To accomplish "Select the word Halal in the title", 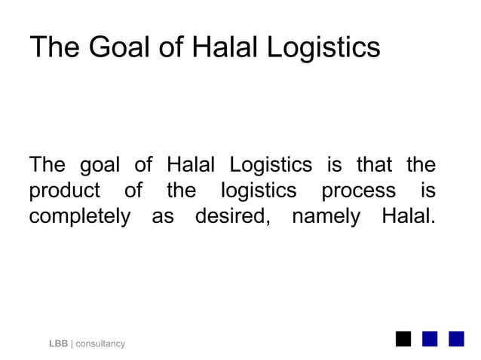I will pos(223,47).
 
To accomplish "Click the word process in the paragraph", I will pos(358,191).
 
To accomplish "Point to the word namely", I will pos(327,218).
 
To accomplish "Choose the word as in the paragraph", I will pos(163,218).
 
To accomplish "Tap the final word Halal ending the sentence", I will pos(408,217).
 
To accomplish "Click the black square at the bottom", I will pos(403,338).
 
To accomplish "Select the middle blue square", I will pos(430,338).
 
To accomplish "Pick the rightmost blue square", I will pos(456,338).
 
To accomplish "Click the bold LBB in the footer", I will pos(58,343).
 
